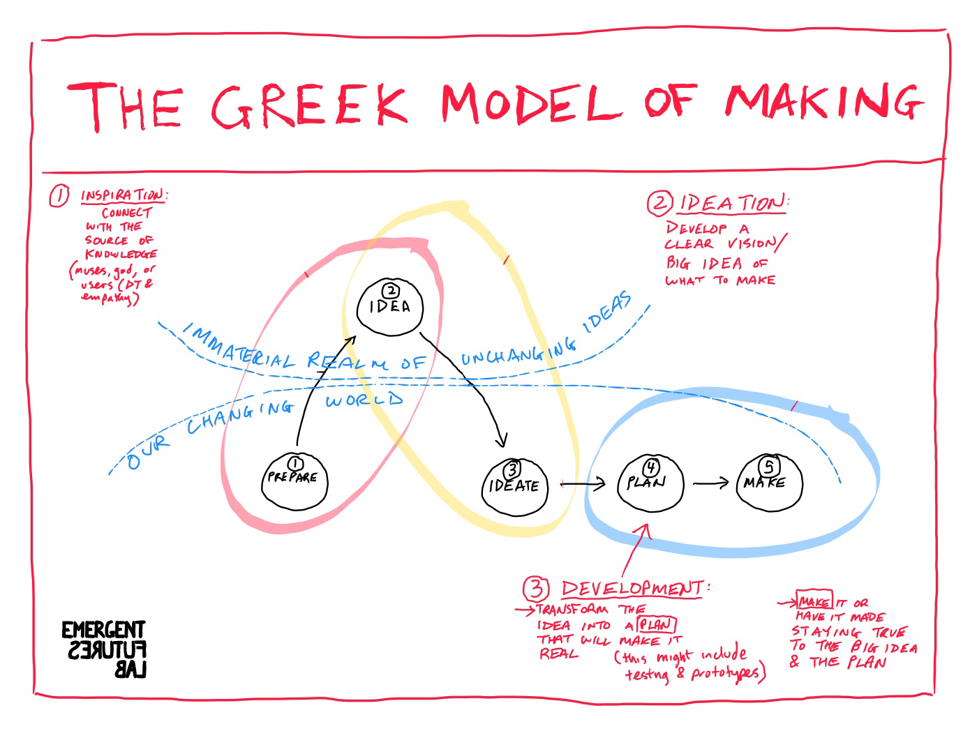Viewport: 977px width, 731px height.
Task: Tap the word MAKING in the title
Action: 823,103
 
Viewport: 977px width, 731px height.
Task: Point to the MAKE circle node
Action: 768,482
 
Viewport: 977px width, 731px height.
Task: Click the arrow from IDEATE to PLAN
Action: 583,483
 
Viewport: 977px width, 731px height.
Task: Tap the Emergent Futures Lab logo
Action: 104,649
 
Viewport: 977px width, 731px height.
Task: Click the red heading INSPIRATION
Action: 123,196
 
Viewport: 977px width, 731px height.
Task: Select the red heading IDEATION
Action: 731,204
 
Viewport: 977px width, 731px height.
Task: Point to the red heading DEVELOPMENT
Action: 633,588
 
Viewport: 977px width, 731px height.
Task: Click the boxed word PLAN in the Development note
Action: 657,625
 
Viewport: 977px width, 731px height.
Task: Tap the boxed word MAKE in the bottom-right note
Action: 814,602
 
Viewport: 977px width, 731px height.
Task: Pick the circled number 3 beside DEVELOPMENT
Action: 536,589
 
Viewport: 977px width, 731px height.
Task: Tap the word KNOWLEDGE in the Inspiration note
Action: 121,254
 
